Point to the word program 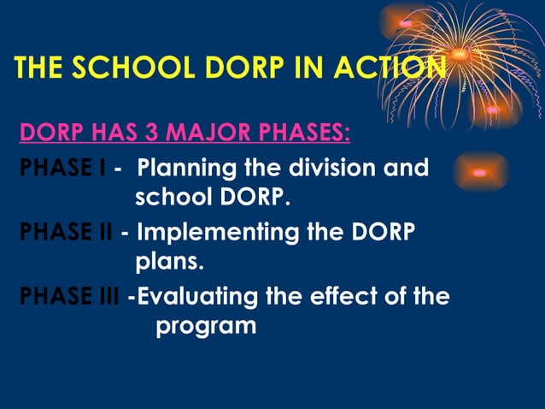click(206, 326)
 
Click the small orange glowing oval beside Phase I click(479, 172)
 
